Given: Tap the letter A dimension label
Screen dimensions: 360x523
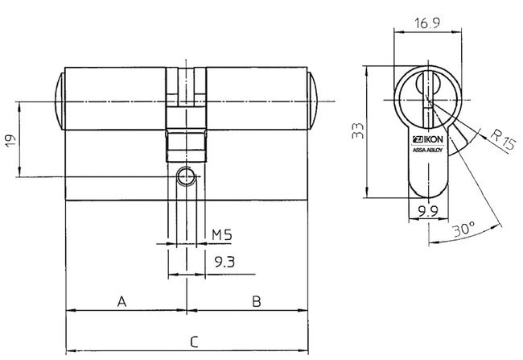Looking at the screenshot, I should [x=122, y=301].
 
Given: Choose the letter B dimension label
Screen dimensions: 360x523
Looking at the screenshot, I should [x=255, y=301].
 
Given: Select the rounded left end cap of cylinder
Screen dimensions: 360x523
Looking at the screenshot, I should [x=58, y=102].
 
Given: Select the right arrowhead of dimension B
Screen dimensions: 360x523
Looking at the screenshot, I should [x=305, y=310].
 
